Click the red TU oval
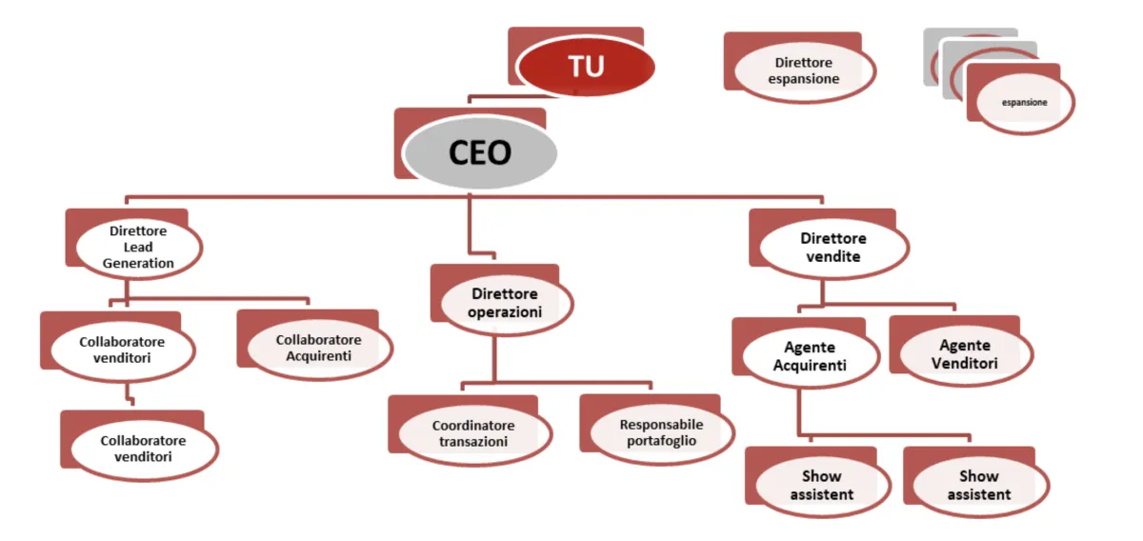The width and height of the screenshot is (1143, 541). (586, 66)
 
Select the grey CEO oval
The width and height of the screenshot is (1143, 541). (479, 152)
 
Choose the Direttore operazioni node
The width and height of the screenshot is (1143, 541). (505, 303)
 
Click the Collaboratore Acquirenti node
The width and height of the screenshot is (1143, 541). (318, 349)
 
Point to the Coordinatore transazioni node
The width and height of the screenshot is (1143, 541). (473, 433)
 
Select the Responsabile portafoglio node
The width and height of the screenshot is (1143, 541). (661, 432)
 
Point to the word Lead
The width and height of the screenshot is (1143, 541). (138, 248)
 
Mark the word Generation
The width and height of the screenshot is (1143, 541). (138, 263)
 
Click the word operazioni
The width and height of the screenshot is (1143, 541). (505, 311)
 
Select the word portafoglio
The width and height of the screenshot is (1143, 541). (661, 441)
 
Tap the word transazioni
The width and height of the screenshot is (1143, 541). (473, 442)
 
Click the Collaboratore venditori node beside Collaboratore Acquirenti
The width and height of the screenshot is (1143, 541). (122, 350)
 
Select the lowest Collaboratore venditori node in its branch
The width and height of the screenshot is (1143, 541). (143, 449)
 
